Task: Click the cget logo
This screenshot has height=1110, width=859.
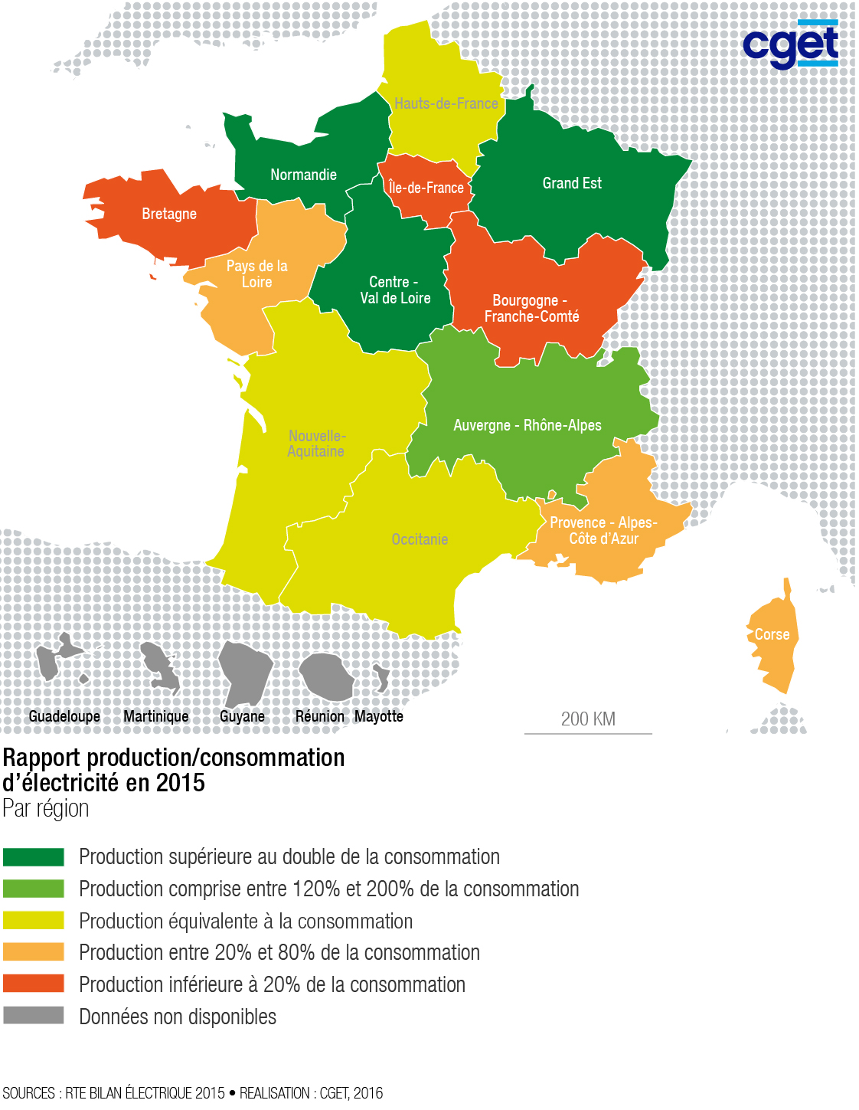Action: pyautogui.click(x=790, y=45)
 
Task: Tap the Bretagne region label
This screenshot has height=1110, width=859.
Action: pyautogui.click(x=169, y=214)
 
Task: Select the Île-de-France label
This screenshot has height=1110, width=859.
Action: pyautogui.click(x=426, y=188)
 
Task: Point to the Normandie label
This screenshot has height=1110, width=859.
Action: pyautogui.click(x=303, y=175)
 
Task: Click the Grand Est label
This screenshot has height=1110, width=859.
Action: pyautogui.click(x=572, y=183)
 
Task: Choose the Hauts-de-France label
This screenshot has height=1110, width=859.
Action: pyautogui.click(x=446, y=103)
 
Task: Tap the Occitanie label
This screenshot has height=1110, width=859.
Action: pyautogui.click(x=420, y=539)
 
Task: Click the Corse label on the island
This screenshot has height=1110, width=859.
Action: pyautogui.click(x=772, y=634)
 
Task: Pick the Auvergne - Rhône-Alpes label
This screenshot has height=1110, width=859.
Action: pyautogui.click(x=527, y=425)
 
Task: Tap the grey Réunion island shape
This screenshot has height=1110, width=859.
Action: pyautogui.click(x=326, y=676)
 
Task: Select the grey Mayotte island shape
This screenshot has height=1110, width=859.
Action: pyautogui.click(x=381, y=677)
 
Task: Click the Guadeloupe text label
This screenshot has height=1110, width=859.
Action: pyautogui.click(x=64, y=716)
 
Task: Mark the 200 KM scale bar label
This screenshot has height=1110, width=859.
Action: pyautogui.click(x=588, y=719)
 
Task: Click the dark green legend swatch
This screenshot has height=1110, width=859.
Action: pyautogui.click(x=34, y=856)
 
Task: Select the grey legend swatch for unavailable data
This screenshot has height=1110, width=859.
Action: pyautogui.click(x=34, y=1016)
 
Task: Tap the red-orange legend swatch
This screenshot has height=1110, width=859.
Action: pyautogui.click(x=34, y=984)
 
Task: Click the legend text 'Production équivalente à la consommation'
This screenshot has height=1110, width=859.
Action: pyautogui.click(x=246, y=921)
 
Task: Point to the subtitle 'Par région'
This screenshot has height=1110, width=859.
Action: pyautogui.click(x=46, y=809)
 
